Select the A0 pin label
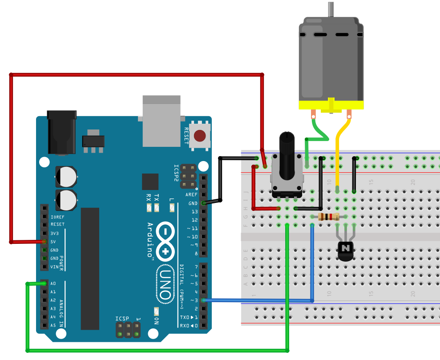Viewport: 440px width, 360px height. (53, 283)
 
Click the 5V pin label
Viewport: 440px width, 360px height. (53, 242)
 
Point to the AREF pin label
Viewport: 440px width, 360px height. (192, 195)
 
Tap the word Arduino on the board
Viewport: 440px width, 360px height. (150, 240)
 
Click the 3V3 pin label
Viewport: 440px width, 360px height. (54, 233)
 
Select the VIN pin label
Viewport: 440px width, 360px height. (54, 267)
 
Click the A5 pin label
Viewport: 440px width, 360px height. (53, 325)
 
